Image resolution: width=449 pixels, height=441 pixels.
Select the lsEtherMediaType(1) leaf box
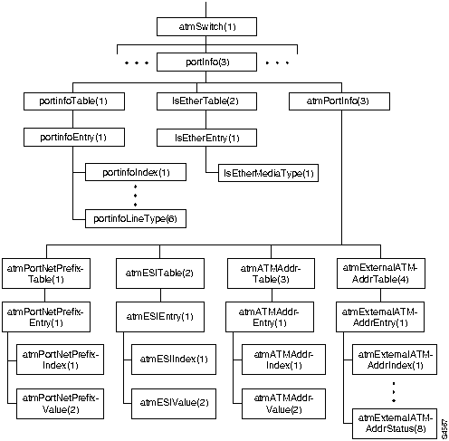tap(269, 171)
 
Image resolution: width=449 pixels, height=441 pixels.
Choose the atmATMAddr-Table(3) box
tap(269, 273)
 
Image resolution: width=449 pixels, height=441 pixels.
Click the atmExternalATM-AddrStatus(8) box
tap(396, 422)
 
